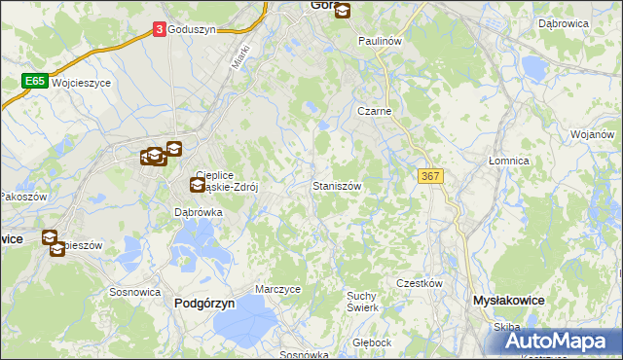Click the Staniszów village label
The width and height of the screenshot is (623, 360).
click(338, 185)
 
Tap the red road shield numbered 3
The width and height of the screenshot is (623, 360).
click(159, 30)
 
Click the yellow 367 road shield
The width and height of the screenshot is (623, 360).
click(431, 175)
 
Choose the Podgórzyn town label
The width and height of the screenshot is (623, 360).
click(204, 303)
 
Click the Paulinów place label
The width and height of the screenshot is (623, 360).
click(380, 42)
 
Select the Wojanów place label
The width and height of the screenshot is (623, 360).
click(593, 134)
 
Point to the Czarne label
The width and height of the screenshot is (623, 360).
click(374, 112)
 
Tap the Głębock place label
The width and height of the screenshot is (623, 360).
click(372, 342)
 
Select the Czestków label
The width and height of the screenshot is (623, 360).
click(420, 283)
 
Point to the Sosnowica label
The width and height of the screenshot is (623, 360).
click(134, 291)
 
